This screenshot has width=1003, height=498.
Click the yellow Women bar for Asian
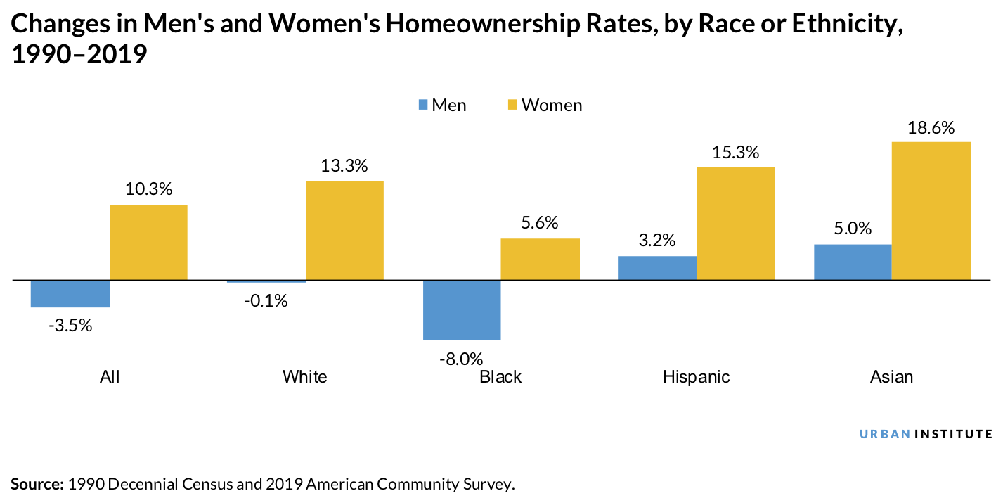point(931,211)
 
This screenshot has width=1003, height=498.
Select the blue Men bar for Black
point(462,309)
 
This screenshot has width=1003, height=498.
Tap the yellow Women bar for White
point(344,231)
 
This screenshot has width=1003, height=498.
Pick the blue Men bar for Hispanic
point(656,268)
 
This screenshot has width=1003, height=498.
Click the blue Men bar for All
point(70,294)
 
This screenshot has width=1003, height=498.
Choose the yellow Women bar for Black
point(540,259)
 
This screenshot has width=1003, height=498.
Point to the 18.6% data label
point(931,128)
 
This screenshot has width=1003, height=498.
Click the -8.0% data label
point(461,359)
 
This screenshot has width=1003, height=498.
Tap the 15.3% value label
point(735,153)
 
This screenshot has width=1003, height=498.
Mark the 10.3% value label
point(148,190)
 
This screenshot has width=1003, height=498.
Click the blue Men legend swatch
point(423,106)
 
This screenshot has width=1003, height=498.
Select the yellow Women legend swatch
point(512,106)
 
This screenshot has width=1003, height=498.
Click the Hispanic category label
point(696,377)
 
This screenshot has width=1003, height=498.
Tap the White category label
point(305,377)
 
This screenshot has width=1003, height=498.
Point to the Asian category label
point(891,377)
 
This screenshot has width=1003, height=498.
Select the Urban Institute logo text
point(926,434)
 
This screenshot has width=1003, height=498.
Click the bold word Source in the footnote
point(37,484)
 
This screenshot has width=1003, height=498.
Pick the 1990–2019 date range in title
point(78,55)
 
